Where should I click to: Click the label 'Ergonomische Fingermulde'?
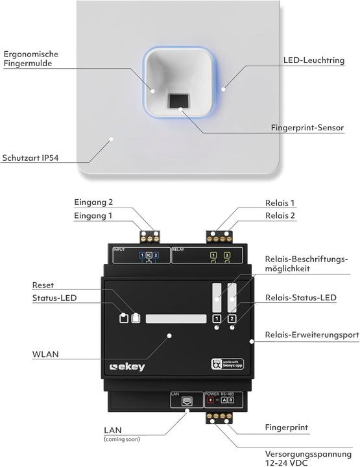point(32,58)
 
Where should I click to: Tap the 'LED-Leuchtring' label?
point(314,60)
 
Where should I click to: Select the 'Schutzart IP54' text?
point(31,158)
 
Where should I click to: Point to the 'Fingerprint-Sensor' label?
point(307,128)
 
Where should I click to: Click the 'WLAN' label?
point(45,355)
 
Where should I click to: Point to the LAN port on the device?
point(185,401)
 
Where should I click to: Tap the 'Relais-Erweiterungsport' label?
point(311,335)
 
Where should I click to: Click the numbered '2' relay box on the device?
point(232,318)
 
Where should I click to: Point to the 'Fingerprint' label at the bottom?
point(286,428)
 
